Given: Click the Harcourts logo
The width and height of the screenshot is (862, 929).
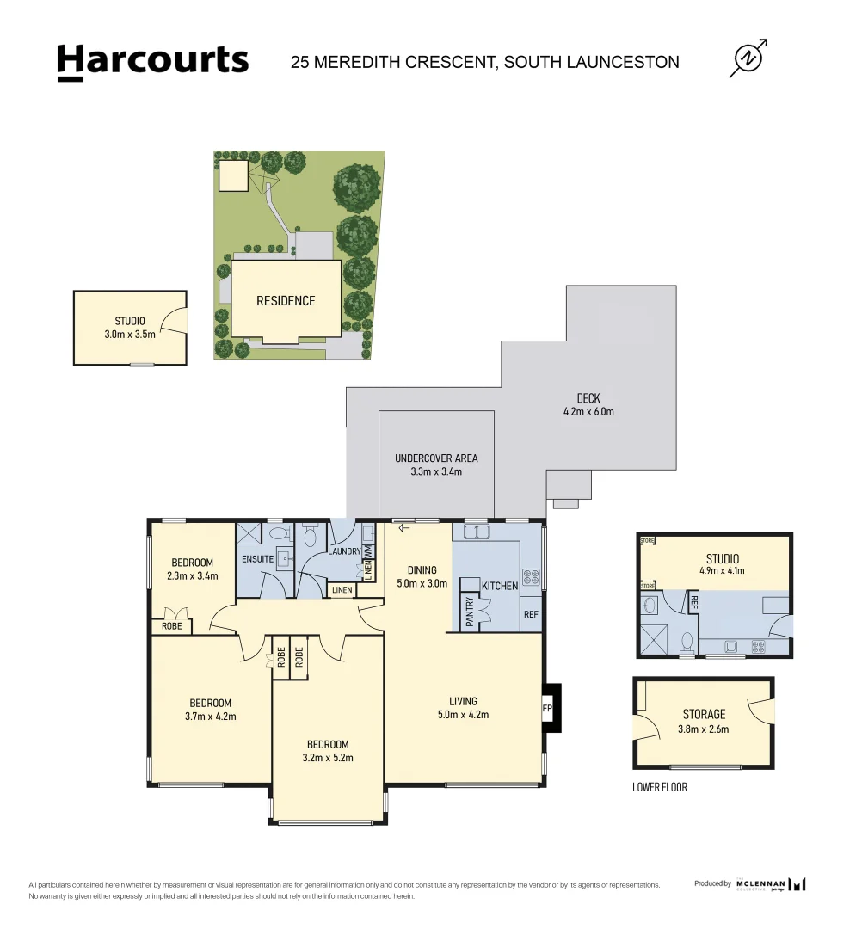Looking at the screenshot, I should tap(152, 62).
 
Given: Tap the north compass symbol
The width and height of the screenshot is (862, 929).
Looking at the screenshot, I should tap(748, 58).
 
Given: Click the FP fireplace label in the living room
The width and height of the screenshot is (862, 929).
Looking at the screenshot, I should tap(547, 709).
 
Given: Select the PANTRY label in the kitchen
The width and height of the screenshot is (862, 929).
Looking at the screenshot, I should tap(470, 612).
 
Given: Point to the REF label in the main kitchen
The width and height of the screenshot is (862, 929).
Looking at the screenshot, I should tap(532, 614).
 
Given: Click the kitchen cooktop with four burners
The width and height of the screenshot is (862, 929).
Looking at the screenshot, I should tap(532, 576).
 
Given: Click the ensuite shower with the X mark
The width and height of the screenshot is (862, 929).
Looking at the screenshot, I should tap(249, 534).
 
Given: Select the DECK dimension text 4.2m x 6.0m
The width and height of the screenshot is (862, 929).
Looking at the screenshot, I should tap(588, 411).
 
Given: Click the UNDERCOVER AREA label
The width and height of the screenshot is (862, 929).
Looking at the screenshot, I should tap(436, 458).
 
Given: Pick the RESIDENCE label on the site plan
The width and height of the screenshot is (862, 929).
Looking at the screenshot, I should tap(286, 301).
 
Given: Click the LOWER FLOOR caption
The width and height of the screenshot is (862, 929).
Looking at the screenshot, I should tap(660, 787).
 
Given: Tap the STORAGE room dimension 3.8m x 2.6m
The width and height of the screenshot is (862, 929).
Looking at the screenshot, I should tap(705, 729).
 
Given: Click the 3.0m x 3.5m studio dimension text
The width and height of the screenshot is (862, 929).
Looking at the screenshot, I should tap(130, 335).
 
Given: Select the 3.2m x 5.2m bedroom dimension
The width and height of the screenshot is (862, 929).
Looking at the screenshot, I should tap(328, 758).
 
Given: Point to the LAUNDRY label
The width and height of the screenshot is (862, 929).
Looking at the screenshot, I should tap(343, 551).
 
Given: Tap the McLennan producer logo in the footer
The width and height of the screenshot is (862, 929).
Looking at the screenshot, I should tap(771, 884).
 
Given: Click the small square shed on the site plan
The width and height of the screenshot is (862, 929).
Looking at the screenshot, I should tap(231, 175).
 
